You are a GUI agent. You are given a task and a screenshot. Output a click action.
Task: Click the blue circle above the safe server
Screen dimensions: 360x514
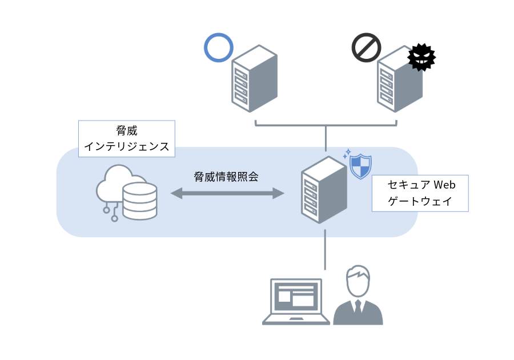218,47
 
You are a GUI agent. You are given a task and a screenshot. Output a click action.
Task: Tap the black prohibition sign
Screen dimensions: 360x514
366,47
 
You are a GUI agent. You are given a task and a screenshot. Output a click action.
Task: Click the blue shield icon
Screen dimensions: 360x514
360,166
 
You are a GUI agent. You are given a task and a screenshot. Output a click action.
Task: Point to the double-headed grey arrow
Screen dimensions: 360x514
227,194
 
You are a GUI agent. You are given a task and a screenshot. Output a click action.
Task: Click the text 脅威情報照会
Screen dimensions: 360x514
226,177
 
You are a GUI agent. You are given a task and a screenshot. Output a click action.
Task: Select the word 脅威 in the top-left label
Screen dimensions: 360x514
126,131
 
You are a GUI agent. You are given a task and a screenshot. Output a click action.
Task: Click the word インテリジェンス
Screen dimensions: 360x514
126,146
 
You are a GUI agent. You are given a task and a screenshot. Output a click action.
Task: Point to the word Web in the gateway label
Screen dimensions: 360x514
444,186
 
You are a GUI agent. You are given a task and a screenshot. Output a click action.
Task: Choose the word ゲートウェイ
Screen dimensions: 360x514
420,202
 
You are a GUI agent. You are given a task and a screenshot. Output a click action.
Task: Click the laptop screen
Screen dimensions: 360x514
296,295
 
